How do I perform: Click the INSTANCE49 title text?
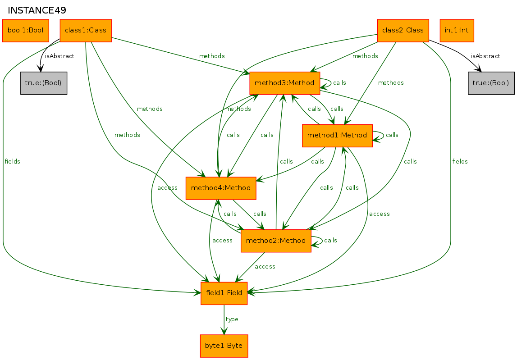tap(37, 10)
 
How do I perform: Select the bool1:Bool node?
tap(26, 31)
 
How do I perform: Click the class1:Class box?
tap(86, 31)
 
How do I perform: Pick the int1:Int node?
tap(457, 31)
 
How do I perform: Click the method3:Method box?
tap(284, 83)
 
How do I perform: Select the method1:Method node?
tap(337, 136)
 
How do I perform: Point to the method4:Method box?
tap(221, 188)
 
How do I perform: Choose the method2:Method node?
tap(276, 241)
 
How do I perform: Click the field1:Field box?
tap(224, 293)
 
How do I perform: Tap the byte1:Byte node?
tap(224, 346)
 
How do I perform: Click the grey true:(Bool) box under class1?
tap(44, 83)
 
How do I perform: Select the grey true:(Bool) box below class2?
tap(491, 83)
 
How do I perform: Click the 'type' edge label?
tap(232, 319)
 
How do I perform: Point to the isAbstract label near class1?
tap(59, 56)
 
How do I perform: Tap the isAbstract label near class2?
tap(485, 56)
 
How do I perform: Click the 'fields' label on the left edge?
tap(12, 162)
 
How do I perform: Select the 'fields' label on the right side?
tap(460, 162)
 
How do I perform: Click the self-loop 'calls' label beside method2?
tap(330, 241)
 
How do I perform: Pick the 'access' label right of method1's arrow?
tap(379, 214)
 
